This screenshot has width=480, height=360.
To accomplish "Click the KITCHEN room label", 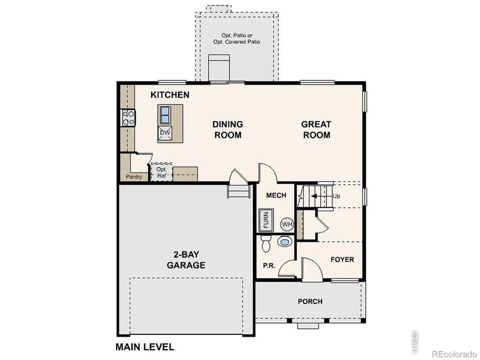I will pyautogui.click(x=170, y=95).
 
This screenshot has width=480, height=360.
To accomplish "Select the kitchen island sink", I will pyautogui.click(x=165, y=113).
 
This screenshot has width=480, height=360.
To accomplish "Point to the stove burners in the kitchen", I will pyautogui.click(x=127, y=117).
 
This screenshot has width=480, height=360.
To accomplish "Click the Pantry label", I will pyautogui.click(x=134, y=177).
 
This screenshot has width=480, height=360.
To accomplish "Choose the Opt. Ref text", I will pyautogui.click(x=161, y=172).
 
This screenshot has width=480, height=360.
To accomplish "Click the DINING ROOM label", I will pyautogui.click(x=227, y=130).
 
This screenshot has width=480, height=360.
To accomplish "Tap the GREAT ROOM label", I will pyautogui.click(x=316, y=130).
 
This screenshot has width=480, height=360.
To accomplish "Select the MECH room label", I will pyautogui.click(x=276, y=196).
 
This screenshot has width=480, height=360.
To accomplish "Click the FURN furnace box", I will pyautogui.click(x=266, y=220).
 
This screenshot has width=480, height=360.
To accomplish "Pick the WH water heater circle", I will pyautogui.click(x=287, y=224).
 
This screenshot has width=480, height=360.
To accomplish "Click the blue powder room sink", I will pyautogui.click(x=285, y=242).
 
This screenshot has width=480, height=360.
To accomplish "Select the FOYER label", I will pyautogui.click(x=342, y=260).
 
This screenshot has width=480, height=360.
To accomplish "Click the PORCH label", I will pyautogui.click(x=310, y=301).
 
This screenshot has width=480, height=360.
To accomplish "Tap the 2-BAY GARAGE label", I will pyautogui.click(x=186, y=260).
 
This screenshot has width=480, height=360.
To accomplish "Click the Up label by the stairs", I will pyautogui.click(x=336, y=196).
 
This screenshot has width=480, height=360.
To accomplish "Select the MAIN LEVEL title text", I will pyautogui.click(x=145, y=347).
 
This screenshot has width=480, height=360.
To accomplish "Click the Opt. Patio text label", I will pyautogui.click(x=237, y=39).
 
